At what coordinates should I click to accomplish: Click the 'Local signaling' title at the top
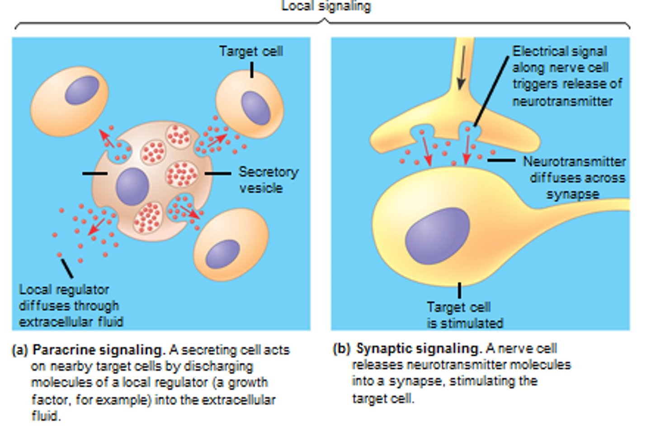pyautogui.click(x=326, y=6)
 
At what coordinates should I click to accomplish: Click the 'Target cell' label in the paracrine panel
pyautogui.click(x=251, y=51)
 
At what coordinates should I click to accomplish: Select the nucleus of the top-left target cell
pyautogui.click(x=82, y=90)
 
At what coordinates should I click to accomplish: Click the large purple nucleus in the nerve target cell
pyautogui.click(x=437, y=236)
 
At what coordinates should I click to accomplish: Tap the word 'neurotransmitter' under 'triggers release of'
pyautogui.click(x=562, y=101)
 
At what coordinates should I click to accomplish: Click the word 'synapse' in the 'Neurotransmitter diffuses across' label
pyautogui.click(x=573, y=195)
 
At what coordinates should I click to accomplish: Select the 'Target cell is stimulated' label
pyautogui.click(x=464, y=315)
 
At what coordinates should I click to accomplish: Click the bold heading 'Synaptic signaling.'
pyautogui.click(x=419, y=348)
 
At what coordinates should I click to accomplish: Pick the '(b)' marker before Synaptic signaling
pyautogui.click(x=342, y=349)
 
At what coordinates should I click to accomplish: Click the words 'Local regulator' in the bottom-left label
pyautogui.click(x=64, y=290)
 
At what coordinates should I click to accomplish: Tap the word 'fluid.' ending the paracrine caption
pyautogui.click(x=46, y=416)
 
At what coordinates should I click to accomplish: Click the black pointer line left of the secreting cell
pyautogui.click(x=94, y=173)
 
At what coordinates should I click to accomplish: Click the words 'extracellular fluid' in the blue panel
pyautogui.click(x=71, y=322)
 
